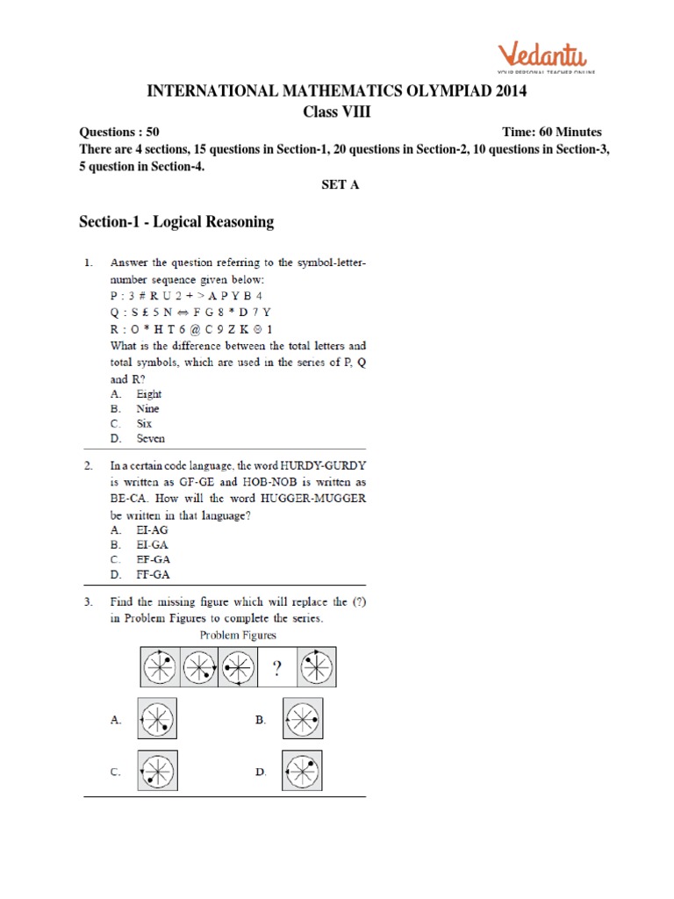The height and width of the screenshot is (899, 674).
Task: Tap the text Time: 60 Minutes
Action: pyautogui.click(x=552, y=132)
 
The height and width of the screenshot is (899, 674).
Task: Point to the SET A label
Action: pyautogui.click(x=337, y=185)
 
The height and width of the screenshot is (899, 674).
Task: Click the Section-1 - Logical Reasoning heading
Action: pyautogui.click(x=176, y=222)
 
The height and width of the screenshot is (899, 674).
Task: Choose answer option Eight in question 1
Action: pyautogui.click(x=149, y=394)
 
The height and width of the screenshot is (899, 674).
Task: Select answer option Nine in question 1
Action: pyautogui.click(x=147, y=409)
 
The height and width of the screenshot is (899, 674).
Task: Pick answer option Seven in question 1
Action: pyautogui.click(x=150, y=438)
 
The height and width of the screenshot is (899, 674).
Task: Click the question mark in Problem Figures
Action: pyautogui.click(x=276, y=669)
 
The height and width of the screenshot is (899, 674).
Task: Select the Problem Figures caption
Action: pyautogui.click(x=238, y=635)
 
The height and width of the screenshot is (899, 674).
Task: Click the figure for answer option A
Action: pyautogui.click(x=157, y=719)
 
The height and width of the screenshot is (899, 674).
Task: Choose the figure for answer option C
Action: pyautogui.click(x=157, y=772)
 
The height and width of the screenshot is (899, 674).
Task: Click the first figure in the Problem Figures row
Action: pyautogui.click(x=160, y=669)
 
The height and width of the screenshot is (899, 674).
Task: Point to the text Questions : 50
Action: pyautogui.click(x=119, y=132)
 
